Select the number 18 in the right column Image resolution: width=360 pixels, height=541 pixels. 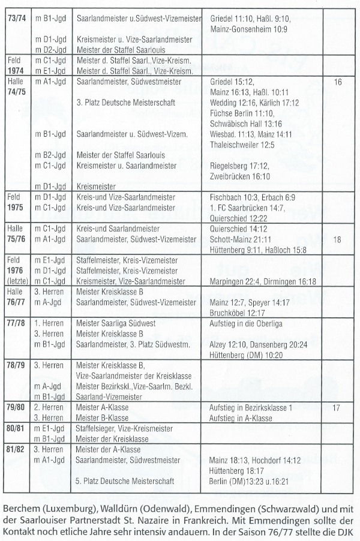coord(337,239)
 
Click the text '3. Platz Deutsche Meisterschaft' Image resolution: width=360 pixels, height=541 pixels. coord(126,103)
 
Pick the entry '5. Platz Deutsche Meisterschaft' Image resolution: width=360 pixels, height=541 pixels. coord(126,481)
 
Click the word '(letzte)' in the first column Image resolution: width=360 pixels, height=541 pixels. coord(15,281)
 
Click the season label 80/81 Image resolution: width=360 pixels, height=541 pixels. coord(15,429)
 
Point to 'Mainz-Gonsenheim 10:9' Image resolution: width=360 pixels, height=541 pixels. coord(249,29)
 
